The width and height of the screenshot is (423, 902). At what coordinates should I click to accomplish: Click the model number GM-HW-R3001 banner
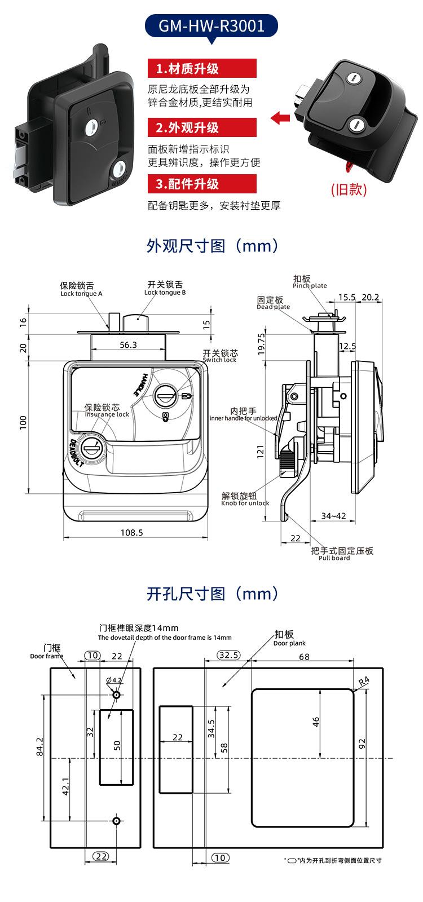(x=211, y=25)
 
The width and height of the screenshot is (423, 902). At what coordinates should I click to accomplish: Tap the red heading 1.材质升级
(x=202, y=69)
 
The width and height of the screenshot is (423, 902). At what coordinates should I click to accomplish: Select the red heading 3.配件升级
(x=202, y=184)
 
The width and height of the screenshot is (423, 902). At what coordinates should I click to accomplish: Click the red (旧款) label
(x=349, y=189)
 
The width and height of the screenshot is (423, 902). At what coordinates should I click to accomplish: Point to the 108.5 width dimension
(x=131, y=532)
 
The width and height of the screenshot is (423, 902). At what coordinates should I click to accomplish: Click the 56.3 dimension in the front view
(x=128, y=344)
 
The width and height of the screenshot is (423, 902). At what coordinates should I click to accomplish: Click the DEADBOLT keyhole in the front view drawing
(x=91, y=449)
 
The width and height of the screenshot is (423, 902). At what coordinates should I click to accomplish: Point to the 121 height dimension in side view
(x=261, y=450)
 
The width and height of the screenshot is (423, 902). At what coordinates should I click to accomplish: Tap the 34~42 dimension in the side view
(x=333, y=516)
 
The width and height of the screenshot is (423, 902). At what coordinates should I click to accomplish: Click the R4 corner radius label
(x=364, y=680)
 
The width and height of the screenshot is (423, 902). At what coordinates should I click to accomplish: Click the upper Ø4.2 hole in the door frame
(x=116, y=695)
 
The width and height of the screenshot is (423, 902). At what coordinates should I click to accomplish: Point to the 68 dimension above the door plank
(x=304, y=656)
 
